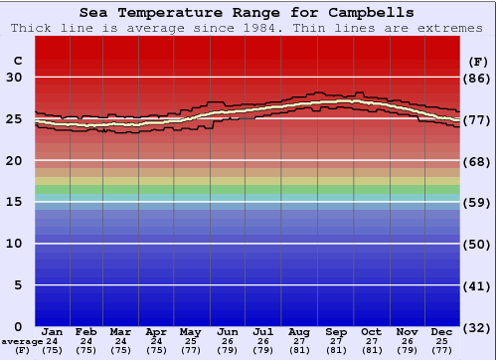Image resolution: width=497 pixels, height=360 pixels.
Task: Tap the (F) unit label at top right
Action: coord(478,61)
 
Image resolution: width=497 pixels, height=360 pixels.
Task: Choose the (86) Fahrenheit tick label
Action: coord(478,78)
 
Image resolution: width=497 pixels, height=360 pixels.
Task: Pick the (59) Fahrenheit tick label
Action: coord(478,202)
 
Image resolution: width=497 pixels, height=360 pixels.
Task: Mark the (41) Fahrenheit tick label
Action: coord(478,285)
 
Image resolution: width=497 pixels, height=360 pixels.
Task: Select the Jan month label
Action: coord(53,331)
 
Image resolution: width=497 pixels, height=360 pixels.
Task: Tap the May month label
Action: coord(189,331)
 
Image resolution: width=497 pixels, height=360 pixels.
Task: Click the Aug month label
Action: coord(298,331)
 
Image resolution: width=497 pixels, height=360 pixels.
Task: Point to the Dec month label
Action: coord(442,331)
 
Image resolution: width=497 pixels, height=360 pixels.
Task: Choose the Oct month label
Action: coord(371,331)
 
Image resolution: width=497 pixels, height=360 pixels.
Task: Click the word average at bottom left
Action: coord(22,341)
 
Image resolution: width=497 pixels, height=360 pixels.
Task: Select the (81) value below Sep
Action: coord(336,350)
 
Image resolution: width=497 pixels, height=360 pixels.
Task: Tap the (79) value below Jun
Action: coord(228,350)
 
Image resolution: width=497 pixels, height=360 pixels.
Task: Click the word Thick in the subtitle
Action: coord(33,28)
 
